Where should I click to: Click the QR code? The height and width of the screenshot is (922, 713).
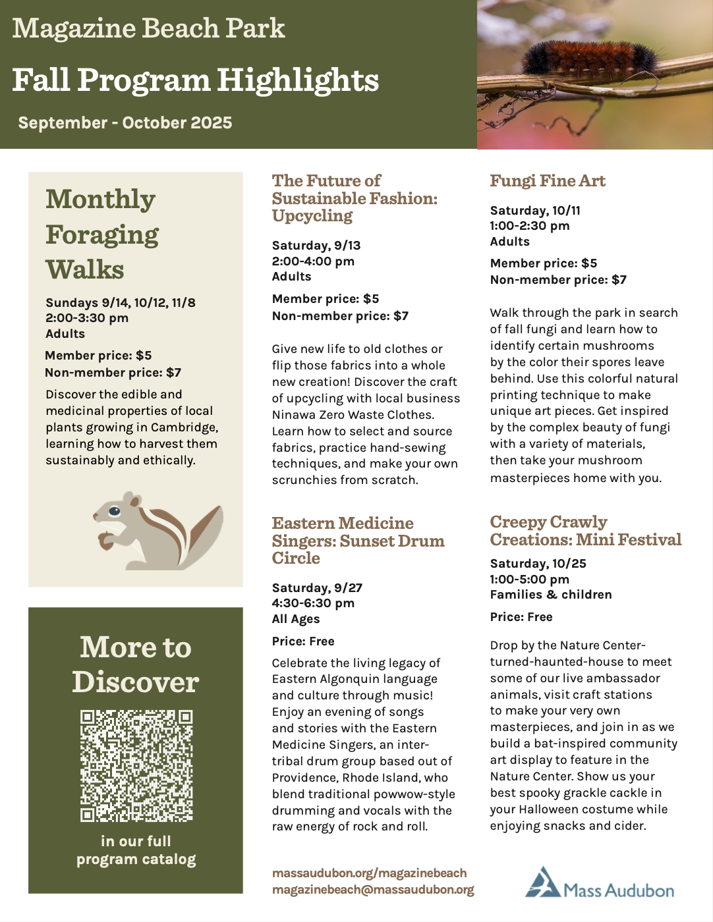[x=136, y=765]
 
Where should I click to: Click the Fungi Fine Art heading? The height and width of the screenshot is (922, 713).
[x=547, y=181]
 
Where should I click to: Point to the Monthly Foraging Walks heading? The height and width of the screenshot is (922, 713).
[x=102, y=234]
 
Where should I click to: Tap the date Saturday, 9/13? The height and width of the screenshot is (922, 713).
[x=316, y=246]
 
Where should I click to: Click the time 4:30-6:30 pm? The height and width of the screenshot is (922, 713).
[x=313, y=603]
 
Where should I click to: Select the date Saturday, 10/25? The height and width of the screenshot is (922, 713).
[x=538, y=564]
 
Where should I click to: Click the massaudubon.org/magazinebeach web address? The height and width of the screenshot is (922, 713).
[x=369, y=873]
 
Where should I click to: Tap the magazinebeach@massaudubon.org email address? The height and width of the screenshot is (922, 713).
[x=373, y=890]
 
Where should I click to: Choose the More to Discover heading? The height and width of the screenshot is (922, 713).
[x=136, y=664]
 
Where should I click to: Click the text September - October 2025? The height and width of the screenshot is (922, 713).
[x=125, y=123]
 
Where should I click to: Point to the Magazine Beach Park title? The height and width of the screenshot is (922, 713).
[x=148, y=28]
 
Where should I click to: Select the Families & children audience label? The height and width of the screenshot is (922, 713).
[x=551, y=595]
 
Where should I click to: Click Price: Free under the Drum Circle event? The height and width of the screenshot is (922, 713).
[x=303, y=641]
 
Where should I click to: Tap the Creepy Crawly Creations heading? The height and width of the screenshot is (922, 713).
[x=585, y=531]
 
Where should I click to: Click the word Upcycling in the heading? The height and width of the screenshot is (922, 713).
[x=312, y=216]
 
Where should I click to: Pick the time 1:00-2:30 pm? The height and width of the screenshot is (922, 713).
[x=530, y=226]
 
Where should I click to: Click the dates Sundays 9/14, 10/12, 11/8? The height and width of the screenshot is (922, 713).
[x=121, y=303]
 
